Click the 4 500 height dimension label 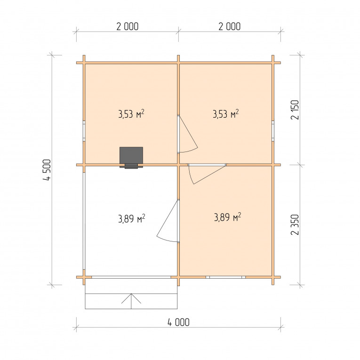pos(47,170)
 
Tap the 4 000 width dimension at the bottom pos(179,322)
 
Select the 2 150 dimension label pos(295,110)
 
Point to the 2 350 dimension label pos(295,224)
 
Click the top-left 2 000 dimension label pos(128,26)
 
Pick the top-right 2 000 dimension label pos(229,26)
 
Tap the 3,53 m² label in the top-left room pos(131,114)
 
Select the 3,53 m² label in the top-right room pos(226,114)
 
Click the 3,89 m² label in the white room pos(132,218)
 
